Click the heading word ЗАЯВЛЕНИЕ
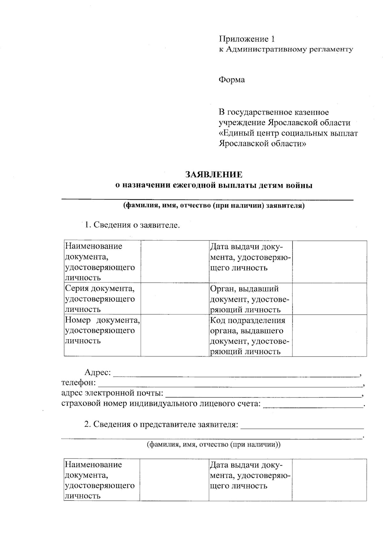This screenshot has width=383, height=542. tap(214, 175)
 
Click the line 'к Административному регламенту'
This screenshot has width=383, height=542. tap(286, 49)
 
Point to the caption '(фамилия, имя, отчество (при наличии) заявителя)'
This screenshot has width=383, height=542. tap(214, 206)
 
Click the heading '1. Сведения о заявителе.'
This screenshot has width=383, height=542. tap(132, 225)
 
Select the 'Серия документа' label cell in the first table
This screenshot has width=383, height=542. tap(102, 299)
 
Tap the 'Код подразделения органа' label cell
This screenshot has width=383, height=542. tap(250, 335)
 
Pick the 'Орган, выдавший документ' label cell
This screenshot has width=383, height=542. tap(250, 299)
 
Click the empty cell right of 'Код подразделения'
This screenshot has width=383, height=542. tap(329, 335)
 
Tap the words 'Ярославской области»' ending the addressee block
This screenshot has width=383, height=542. tap(262, 143)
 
